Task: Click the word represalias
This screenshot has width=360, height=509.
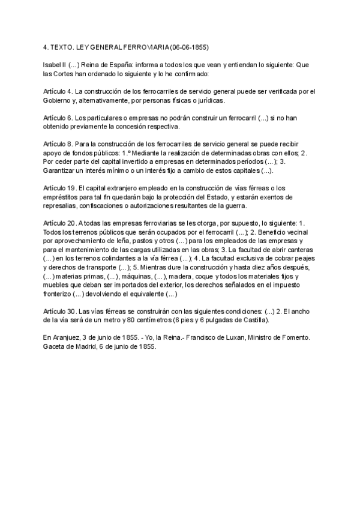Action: [62, 206]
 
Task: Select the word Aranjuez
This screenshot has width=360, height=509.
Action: [69, 339]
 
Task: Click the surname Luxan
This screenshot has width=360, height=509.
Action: [235, 339]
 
